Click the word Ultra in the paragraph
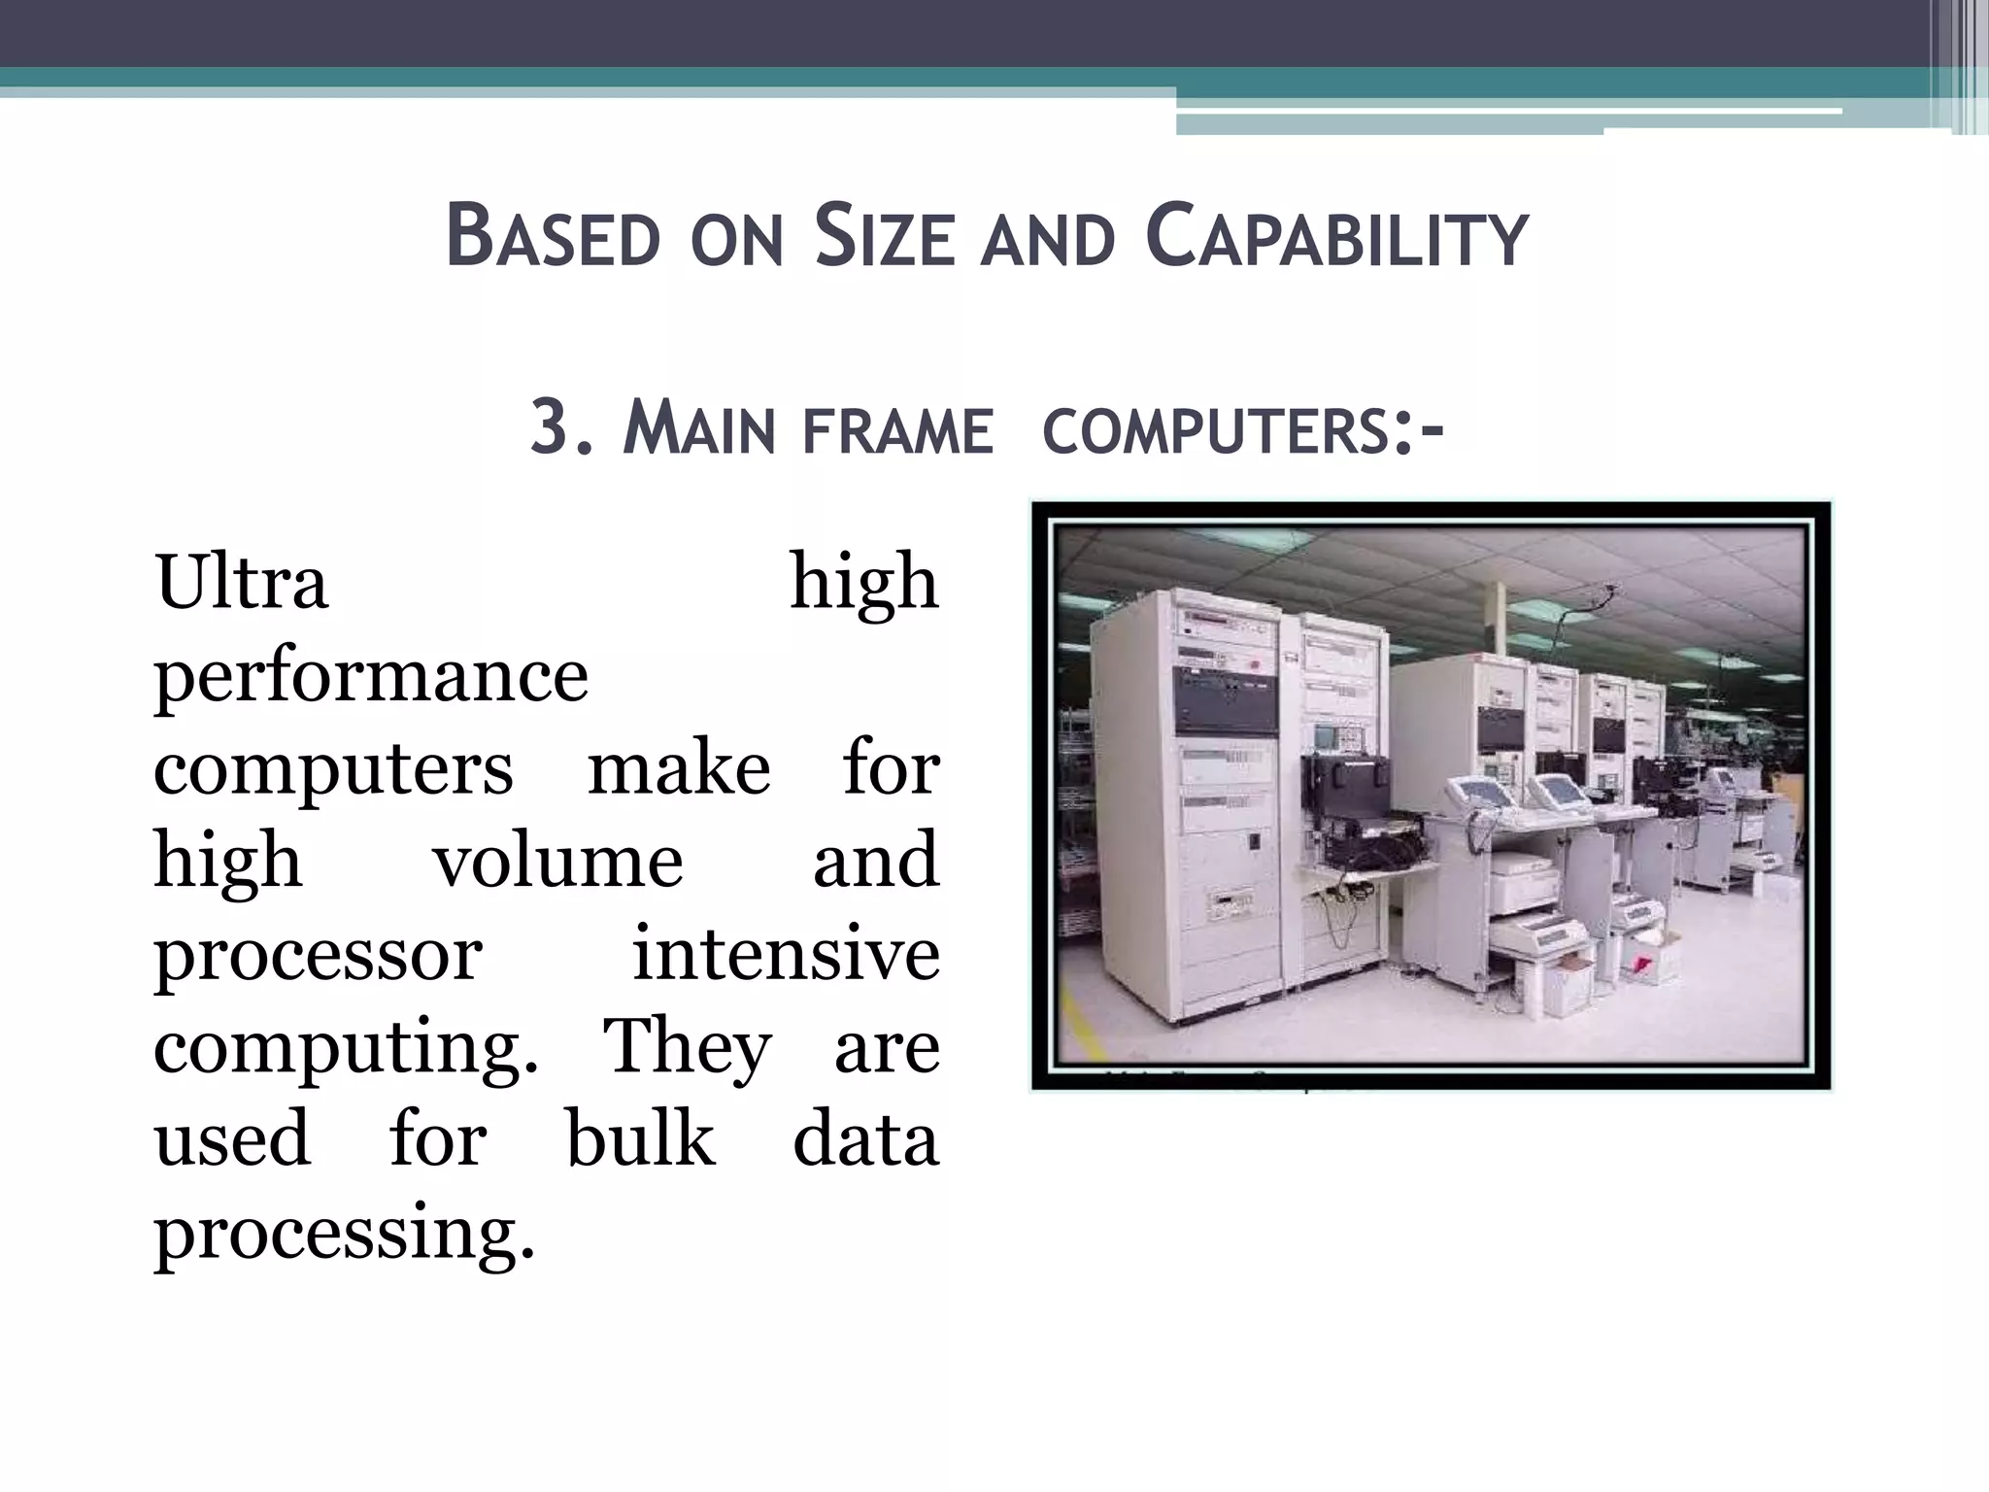(x=241, y=583)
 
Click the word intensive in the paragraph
(x=786, y=954)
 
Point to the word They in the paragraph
(x=687, y=1047)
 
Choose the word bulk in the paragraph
(x=640, y=1138)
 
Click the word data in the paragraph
(x=865, y=1138)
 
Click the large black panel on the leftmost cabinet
(x=1226, y=699)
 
